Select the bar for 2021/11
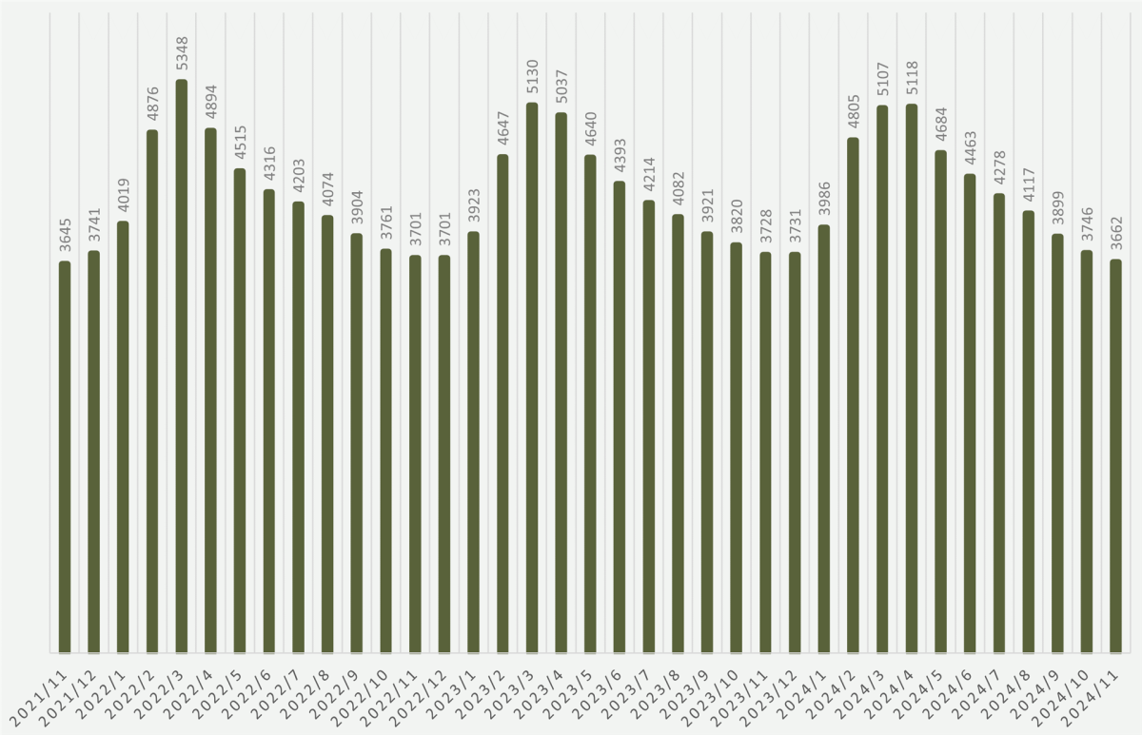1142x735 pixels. (x=65, y=456)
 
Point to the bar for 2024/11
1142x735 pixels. (x=1115, y=455)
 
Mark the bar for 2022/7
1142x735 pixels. (x=299, y=427)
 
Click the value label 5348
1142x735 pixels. (x=182, y=54)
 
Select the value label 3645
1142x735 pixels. (x=65, y=236)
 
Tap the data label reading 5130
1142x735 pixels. (x=532, y=77)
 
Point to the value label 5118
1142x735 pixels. (x=912, y=78)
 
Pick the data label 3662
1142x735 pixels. (x=1115, y=234)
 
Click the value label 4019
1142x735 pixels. (x=123, y=196)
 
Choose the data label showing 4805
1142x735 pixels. (x=853, y=112)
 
